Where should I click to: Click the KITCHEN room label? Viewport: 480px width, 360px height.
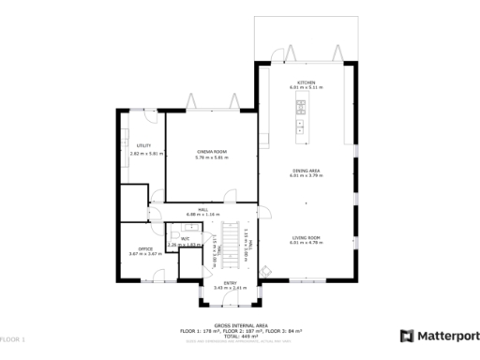tap(306, 82)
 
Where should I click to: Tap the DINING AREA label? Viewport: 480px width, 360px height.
tap(306, 170)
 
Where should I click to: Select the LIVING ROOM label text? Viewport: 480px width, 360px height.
tap(306, 238)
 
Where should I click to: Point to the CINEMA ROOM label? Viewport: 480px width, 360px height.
tap(211, 151)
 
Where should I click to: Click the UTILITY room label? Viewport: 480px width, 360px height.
tap(143, 146)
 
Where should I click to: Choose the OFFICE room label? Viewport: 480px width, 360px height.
tap(131, 248)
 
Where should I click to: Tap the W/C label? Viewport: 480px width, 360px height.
tap(185, 239)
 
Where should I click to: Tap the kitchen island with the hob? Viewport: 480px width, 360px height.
tap(300, 120)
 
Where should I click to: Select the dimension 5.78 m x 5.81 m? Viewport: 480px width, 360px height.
tap(211, 157)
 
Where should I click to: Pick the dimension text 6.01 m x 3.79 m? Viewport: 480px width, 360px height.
tap(306, 175)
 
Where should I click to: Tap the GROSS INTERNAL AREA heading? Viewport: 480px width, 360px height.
tap(241, 325)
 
